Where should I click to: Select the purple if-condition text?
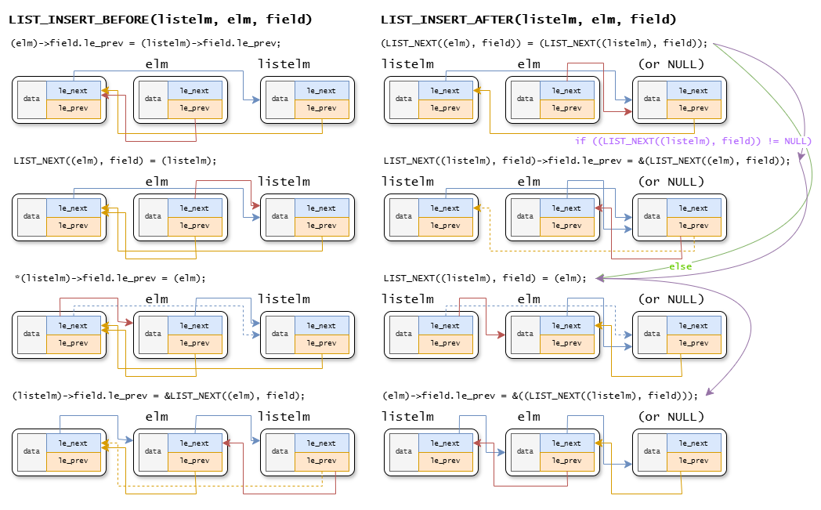(x=693, y=141)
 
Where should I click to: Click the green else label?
(x=680, y=266)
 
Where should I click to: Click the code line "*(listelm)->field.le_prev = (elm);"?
(x=110, y=278)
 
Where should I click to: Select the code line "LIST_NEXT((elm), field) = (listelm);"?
(x=114, y=160)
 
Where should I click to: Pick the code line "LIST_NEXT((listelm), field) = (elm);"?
(x=484, y=278)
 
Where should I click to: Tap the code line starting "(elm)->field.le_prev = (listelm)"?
(x=146, y=43)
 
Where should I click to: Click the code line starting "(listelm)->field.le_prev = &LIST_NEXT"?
(x=159, y=396)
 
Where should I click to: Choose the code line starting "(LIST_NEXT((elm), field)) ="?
(x=544, y=43)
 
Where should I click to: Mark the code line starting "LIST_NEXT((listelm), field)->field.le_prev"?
(x=587, y=160)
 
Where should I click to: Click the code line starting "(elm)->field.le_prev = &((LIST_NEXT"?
(x=540, y=396)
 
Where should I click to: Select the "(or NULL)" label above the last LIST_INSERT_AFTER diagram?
(x=671, y=416)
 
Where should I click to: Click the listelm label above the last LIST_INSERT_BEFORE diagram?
(x=284, y=416)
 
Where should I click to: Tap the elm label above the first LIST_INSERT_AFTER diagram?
(x=529, y=63)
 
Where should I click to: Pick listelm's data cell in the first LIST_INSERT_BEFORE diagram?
(x=280, y=99)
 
